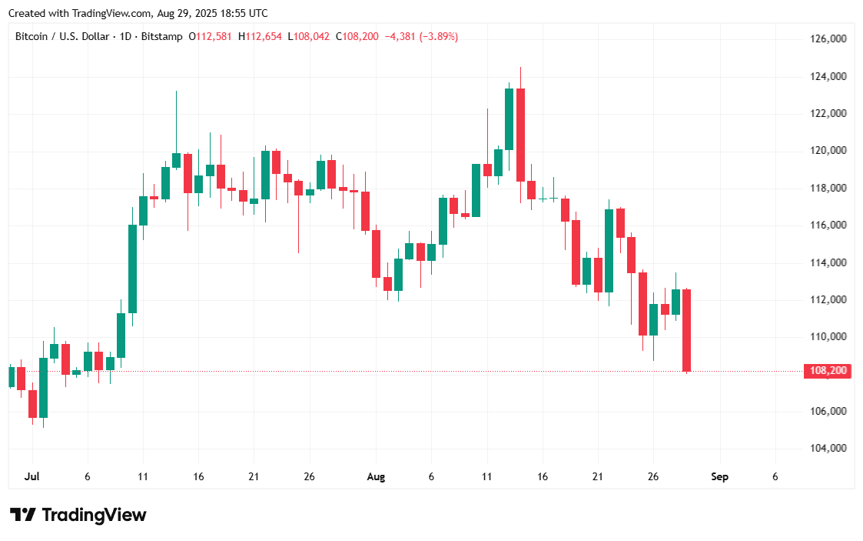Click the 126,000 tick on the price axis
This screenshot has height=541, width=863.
828,38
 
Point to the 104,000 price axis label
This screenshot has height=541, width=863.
828,448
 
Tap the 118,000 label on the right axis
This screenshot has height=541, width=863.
828,188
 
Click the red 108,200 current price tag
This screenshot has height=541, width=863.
828,371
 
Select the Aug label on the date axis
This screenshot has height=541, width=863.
376,477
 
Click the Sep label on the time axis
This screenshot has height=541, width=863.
719,477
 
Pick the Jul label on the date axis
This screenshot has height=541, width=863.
32,477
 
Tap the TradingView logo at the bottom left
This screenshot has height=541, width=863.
78,515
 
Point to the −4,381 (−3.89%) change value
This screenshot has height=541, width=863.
421,36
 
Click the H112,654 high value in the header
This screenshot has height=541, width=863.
261,36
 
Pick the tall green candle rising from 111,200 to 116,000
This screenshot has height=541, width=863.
132,269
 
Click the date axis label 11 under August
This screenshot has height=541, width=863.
486,477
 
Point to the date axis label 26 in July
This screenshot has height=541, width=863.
309,477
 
